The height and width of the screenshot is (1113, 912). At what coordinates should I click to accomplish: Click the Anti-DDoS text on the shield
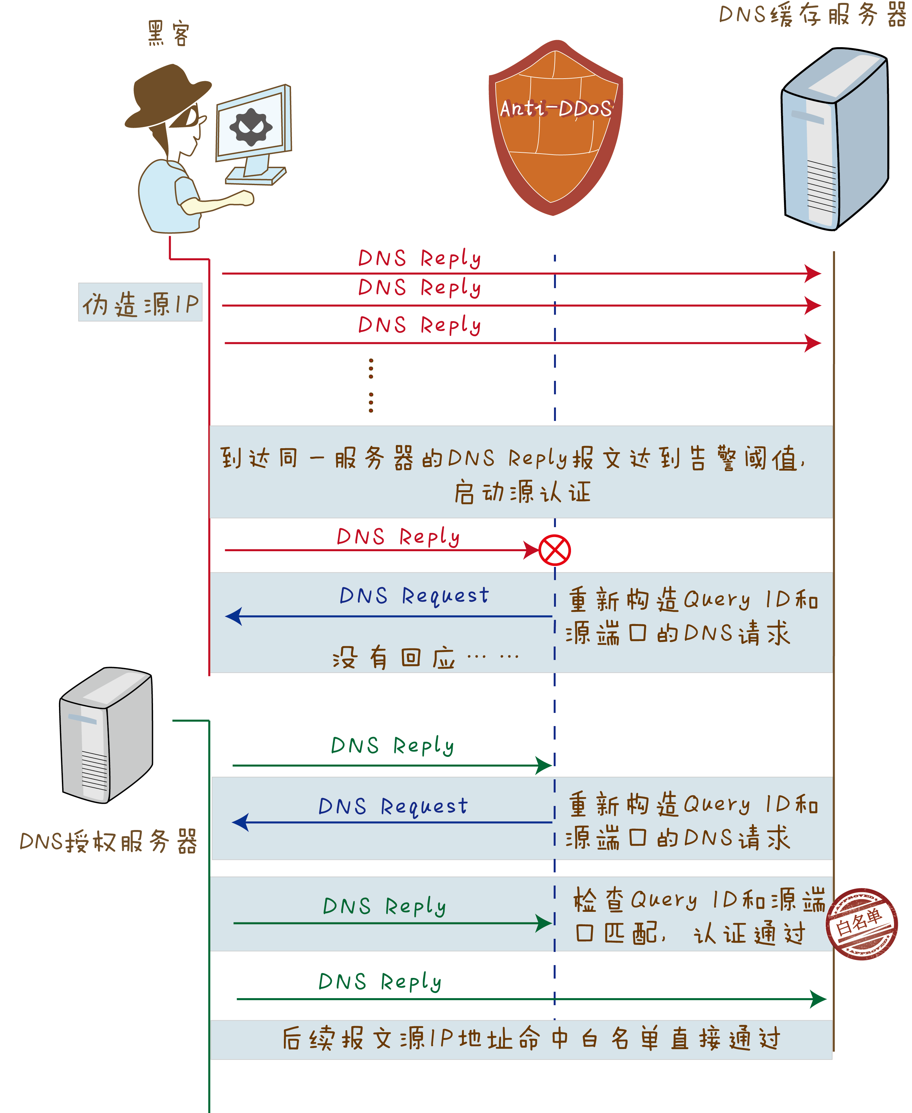pos(555,109)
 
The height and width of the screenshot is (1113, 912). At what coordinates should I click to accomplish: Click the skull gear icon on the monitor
pos(251,127)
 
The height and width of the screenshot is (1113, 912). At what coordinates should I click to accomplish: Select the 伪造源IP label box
pos(140,303)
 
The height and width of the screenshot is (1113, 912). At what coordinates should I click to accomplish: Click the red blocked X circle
pos(554,550)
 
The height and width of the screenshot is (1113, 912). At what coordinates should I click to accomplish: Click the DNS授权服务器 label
pos(108,841)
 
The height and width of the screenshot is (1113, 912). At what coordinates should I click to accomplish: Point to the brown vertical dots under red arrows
pos(371,385)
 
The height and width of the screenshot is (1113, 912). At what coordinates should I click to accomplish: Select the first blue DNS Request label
pos(414,595)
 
